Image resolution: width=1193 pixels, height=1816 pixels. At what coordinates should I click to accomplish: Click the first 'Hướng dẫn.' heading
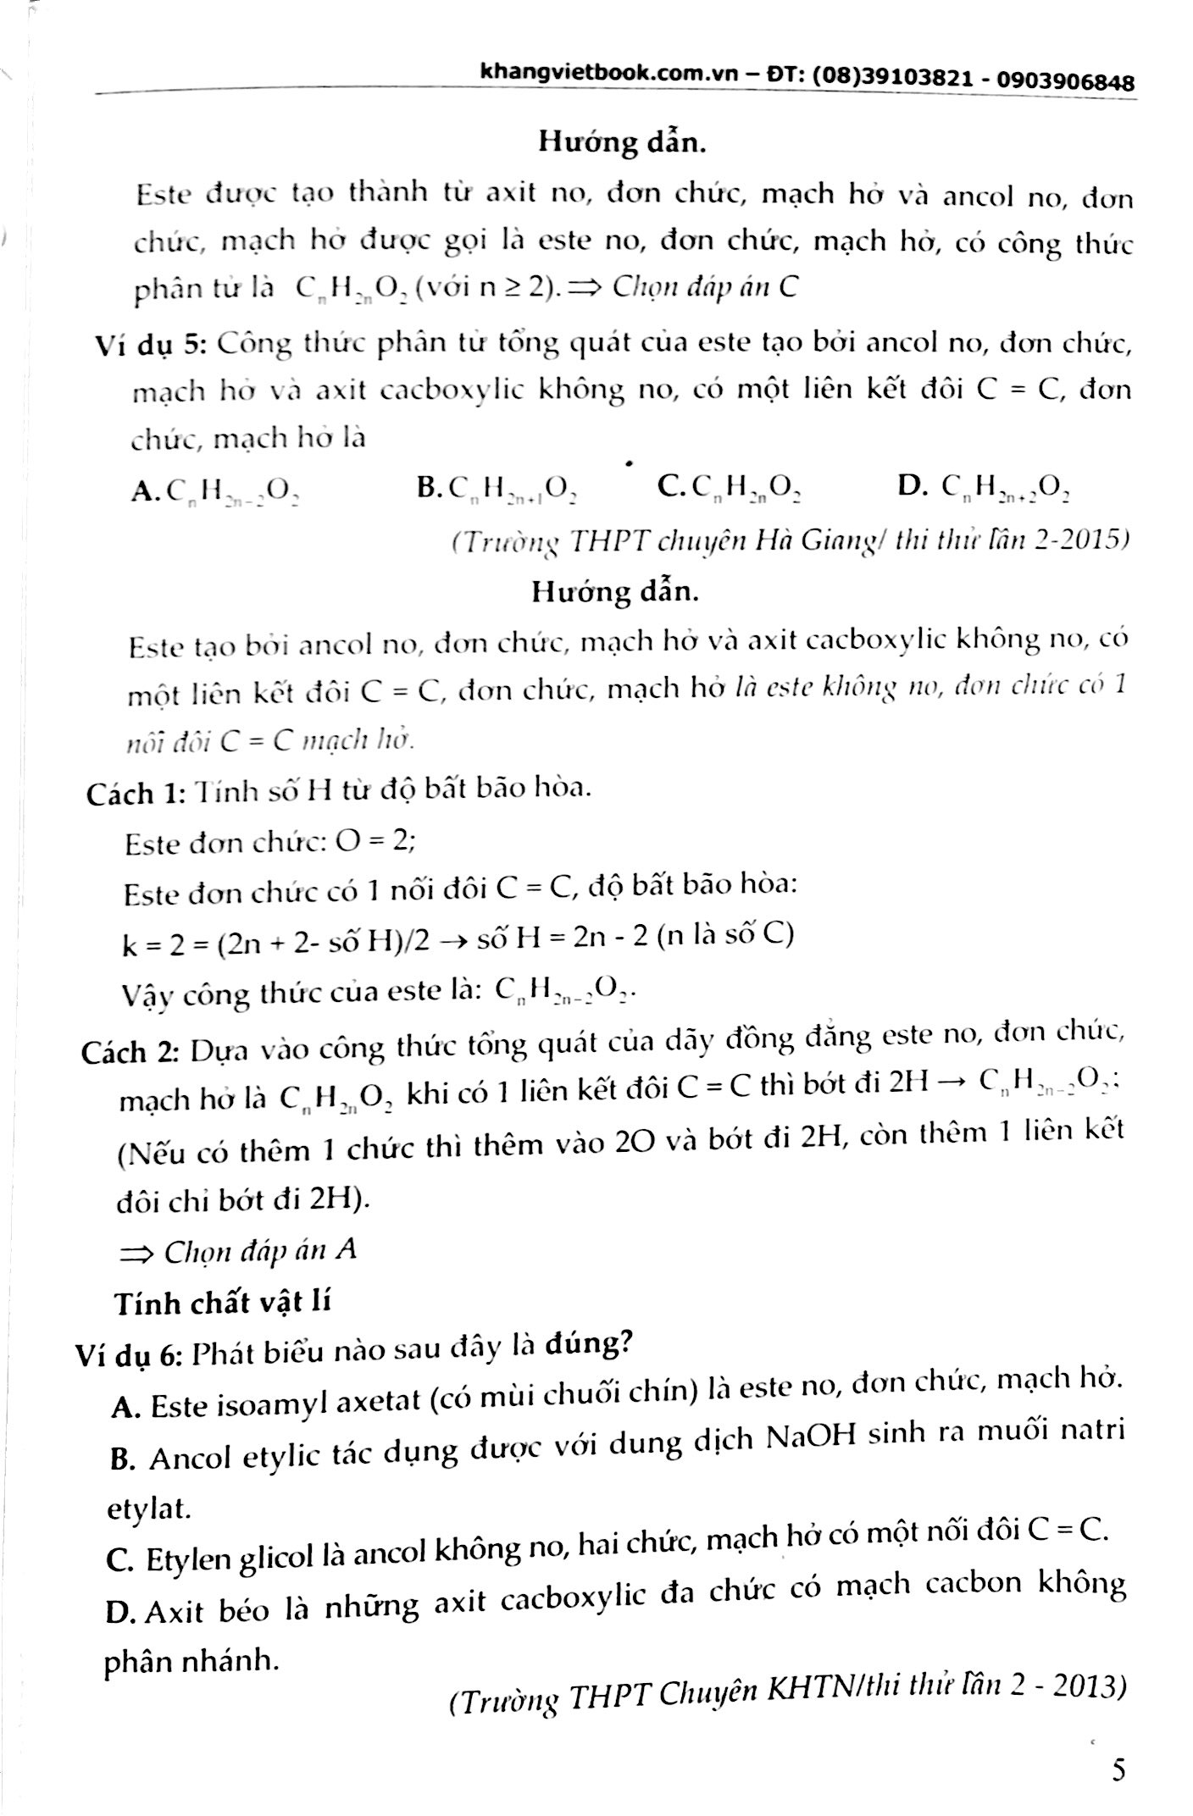tap(622, 141)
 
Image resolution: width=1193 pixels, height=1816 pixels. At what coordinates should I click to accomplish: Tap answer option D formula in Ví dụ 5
tap(1001, 486)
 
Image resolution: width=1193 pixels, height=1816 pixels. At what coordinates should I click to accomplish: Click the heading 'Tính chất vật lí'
tap(221, 1302)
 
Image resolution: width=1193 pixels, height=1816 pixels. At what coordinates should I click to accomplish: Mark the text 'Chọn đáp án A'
tap(258, 1251)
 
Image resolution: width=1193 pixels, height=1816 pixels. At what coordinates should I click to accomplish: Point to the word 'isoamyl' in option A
tap(281, 1404)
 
